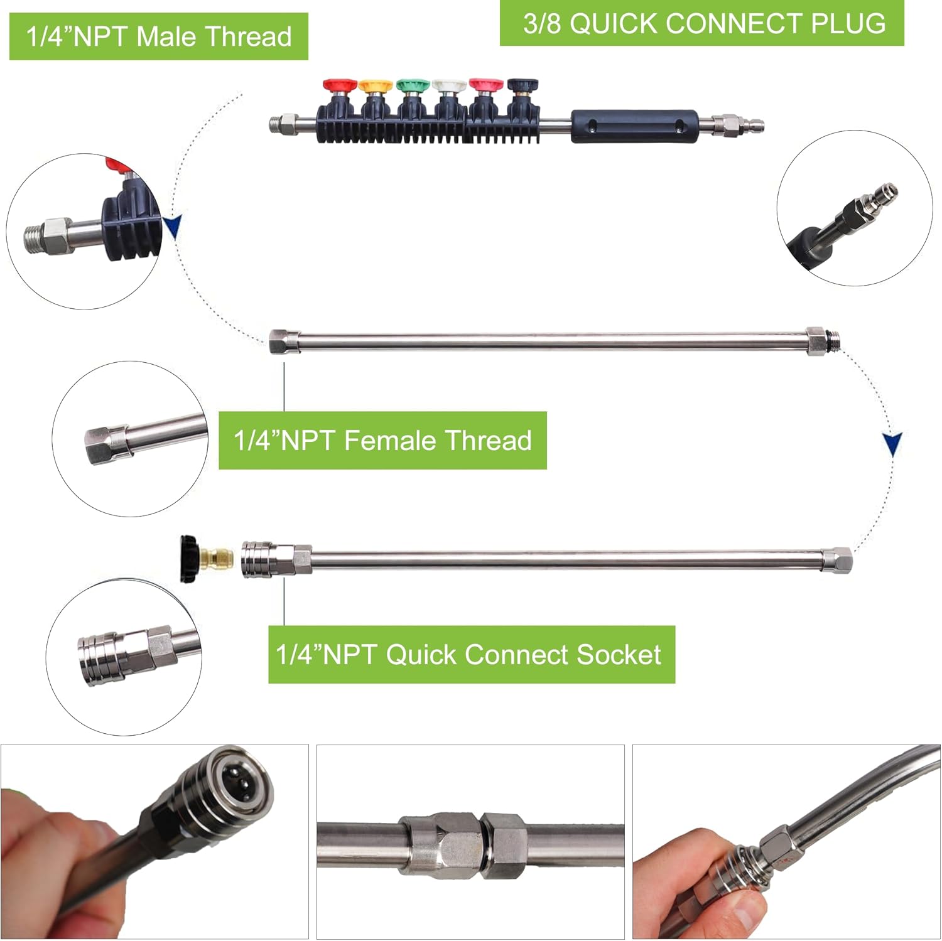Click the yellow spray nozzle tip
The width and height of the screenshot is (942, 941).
pyautogui.click(x=374, y=86)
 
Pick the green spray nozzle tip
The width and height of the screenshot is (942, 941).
pyautogui.click(x=411, y=86)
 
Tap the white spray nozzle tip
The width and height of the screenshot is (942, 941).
pyautogui.click(x=448, y=86)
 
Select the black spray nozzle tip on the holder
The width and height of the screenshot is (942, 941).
pyautogui.click(x=522, y=86)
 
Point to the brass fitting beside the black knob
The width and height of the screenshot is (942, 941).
pyautogui.click(x=221, y=556)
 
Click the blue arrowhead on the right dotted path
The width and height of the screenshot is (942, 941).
pyautogui.click(x=892, y=444)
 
